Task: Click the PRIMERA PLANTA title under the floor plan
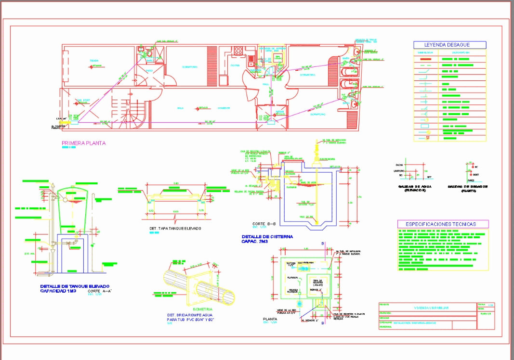(84, 143)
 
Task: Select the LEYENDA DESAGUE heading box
(449, 45)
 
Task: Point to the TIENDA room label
(93, 61)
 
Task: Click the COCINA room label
(235, 65)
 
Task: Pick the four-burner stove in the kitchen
(238, 50)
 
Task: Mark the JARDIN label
(278, 111)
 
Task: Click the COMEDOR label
(223, 108)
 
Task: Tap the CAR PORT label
(83, 101)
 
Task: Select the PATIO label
(149, 70)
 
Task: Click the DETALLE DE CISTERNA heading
(267, 237)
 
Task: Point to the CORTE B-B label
(264, 224)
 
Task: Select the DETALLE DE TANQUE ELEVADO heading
(75, 286)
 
